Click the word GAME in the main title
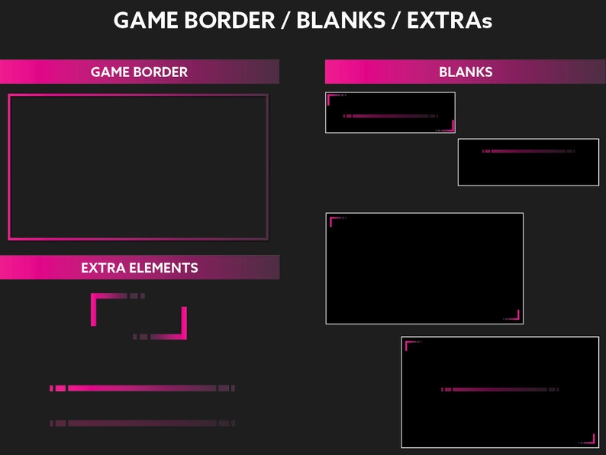pos(146,21)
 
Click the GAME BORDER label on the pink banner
pos(139,73)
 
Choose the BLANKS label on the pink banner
pos(466,73)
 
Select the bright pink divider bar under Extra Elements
pos(142,389)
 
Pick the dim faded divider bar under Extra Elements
pos(142,423)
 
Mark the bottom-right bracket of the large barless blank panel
pos(517,316)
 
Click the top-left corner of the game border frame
pos(11,97)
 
